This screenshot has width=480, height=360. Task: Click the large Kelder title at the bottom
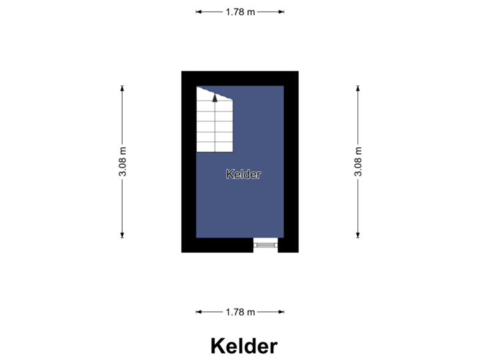click(244, 346)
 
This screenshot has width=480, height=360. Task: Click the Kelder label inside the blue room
click(243, 174)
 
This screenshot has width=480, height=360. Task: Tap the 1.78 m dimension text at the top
click(240, 12)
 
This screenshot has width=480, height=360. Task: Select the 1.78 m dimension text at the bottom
click(240, 312)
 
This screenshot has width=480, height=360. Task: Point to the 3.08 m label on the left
click(123, 161)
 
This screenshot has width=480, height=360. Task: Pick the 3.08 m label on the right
click(358, 161)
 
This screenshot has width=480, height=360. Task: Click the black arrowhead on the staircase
click(215, 98)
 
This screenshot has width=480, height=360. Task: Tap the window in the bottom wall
click(266, 245)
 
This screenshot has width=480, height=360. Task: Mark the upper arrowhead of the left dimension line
click(122, 88)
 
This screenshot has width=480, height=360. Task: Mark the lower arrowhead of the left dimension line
click(122, 235)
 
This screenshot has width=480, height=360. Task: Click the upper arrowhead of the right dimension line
click(358, 88)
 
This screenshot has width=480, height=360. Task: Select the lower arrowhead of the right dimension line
click(358, 235)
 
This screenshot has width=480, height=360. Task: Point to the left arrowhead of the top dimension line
click(199, 12)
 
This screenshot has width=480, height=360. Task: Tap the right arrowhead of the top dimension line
click(281, 12)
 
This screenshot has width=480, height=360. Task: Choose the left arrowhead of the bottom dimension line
click(199, 312)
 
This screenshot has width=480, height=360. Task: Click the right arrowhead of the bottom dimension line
click(281, 312)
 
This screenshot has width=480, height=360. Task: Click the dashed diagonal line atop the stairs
click(215, 93)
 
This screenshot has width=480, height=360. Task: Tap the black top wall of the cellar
click(240, 79)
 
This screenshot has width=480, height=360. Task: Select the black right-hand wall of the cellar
click(291, 161)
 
